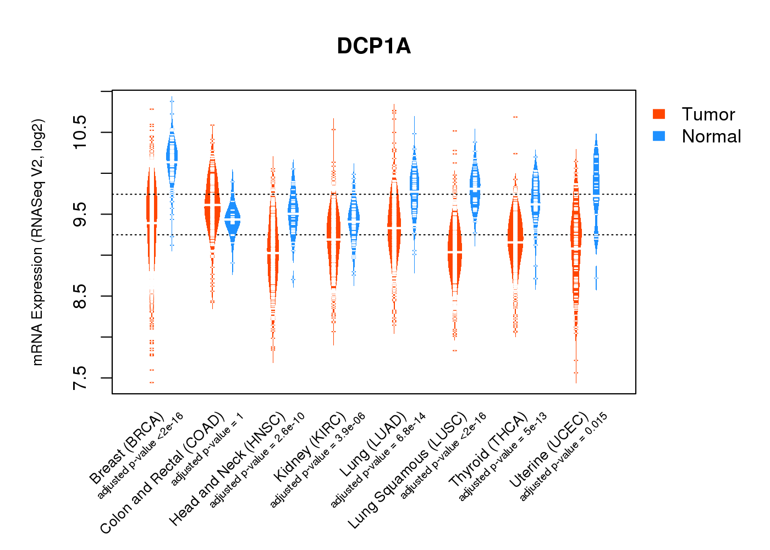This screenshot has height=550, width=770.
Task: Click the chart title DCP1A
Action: pos(374,46)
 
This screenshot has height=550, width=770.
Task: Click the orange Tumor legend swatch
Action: pos(659,114)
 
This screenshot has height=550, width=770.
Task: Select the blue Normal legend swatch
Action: pos(659,136)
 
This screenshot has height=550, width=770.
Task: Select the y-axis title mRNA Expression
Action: pos(37,242)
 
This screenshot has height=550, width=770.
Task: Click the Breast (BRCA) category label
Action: pos(127,448)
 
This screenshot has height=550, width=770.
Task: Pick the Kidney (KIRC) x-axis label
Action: pos(310,446)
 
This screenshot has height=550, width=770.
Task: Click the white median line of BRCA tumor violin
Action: pos(152,223)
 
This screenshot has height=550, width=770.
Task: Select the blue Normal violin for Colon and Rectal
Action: pos(233,220)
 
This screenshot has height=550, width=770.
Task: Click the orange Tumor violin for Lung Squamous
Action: pos(455,251)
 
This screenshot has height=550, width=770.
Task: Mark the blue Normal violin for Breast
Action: pos(172,154)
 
